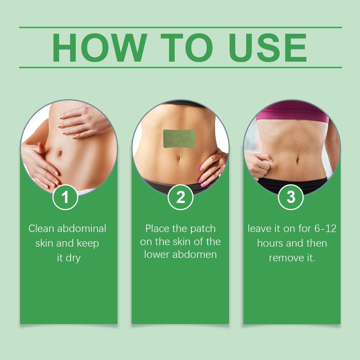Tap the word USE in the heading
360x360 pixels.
point(268,48)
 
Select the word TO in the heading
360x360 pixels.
point(187,48)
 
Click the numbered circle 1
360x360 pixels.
point(65,197)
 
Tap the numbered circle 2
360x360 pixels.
point(180,197)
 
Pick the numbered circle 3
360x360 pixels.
point(291,197)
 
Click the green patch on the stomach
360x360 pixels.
point(179,139)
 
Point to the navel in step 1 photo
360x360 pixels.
point(60,153)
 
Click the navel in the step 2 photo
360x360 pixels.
point(179,158)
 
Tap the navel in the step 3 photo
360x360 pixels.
point(298,159)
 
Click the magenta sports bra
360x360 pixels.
point(292,111)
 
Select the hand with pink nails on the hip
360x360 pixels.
point(211,168)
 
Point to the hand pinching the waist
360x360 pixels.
point(258,166)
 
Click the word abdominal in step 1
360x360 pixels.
point(82,229)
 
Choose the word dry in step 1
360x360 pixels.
point(73,258)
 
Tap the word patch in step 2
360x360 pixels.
point(203,229)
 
